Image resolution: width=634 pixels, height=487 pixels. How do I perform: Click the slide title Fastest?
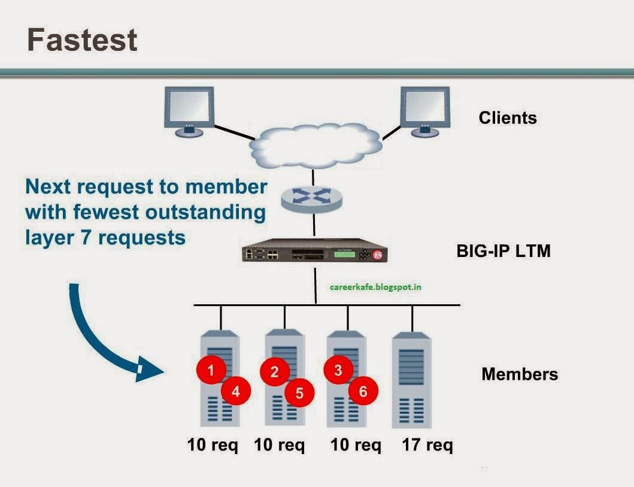coord(82,40)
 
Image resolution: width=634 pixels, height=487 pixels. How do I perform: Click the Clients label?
coord(508,118)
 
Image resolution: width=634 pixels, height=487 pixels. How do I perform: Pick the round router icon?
coord(313,199)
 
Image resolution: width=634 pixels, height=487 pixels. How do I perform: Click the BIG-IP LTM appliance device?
coord(313,254)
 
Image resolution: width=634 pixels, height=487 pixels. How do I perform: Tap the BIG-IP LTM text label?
coord(503,251)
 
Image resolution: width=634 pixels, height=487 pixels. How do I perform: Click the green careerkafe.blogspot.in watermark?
coord(375,287)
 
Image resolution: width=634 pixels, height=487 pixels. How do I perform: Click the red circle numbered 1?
coord(211,370)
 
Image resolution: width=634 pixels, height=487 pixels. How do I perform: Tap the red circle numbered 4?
coord(236,392)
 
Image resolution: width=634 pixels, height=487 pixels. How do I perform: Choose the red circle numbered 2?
coord(275,372)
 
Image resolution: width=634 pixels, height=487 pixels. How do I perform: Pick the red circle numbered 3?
coord(338,370)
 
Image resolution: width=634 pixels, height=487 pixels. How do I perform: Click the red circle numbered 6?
coord(363,392)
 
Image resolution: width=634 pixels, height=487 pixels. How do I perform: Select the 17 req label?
coord(427,446)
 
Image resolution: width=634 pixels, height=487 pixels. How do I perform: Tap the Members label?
coord(519,374)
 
